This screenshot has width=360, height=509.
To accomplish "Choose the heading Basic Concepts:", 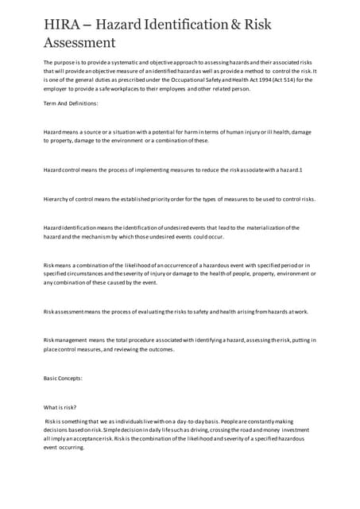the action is coord(63,378).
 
